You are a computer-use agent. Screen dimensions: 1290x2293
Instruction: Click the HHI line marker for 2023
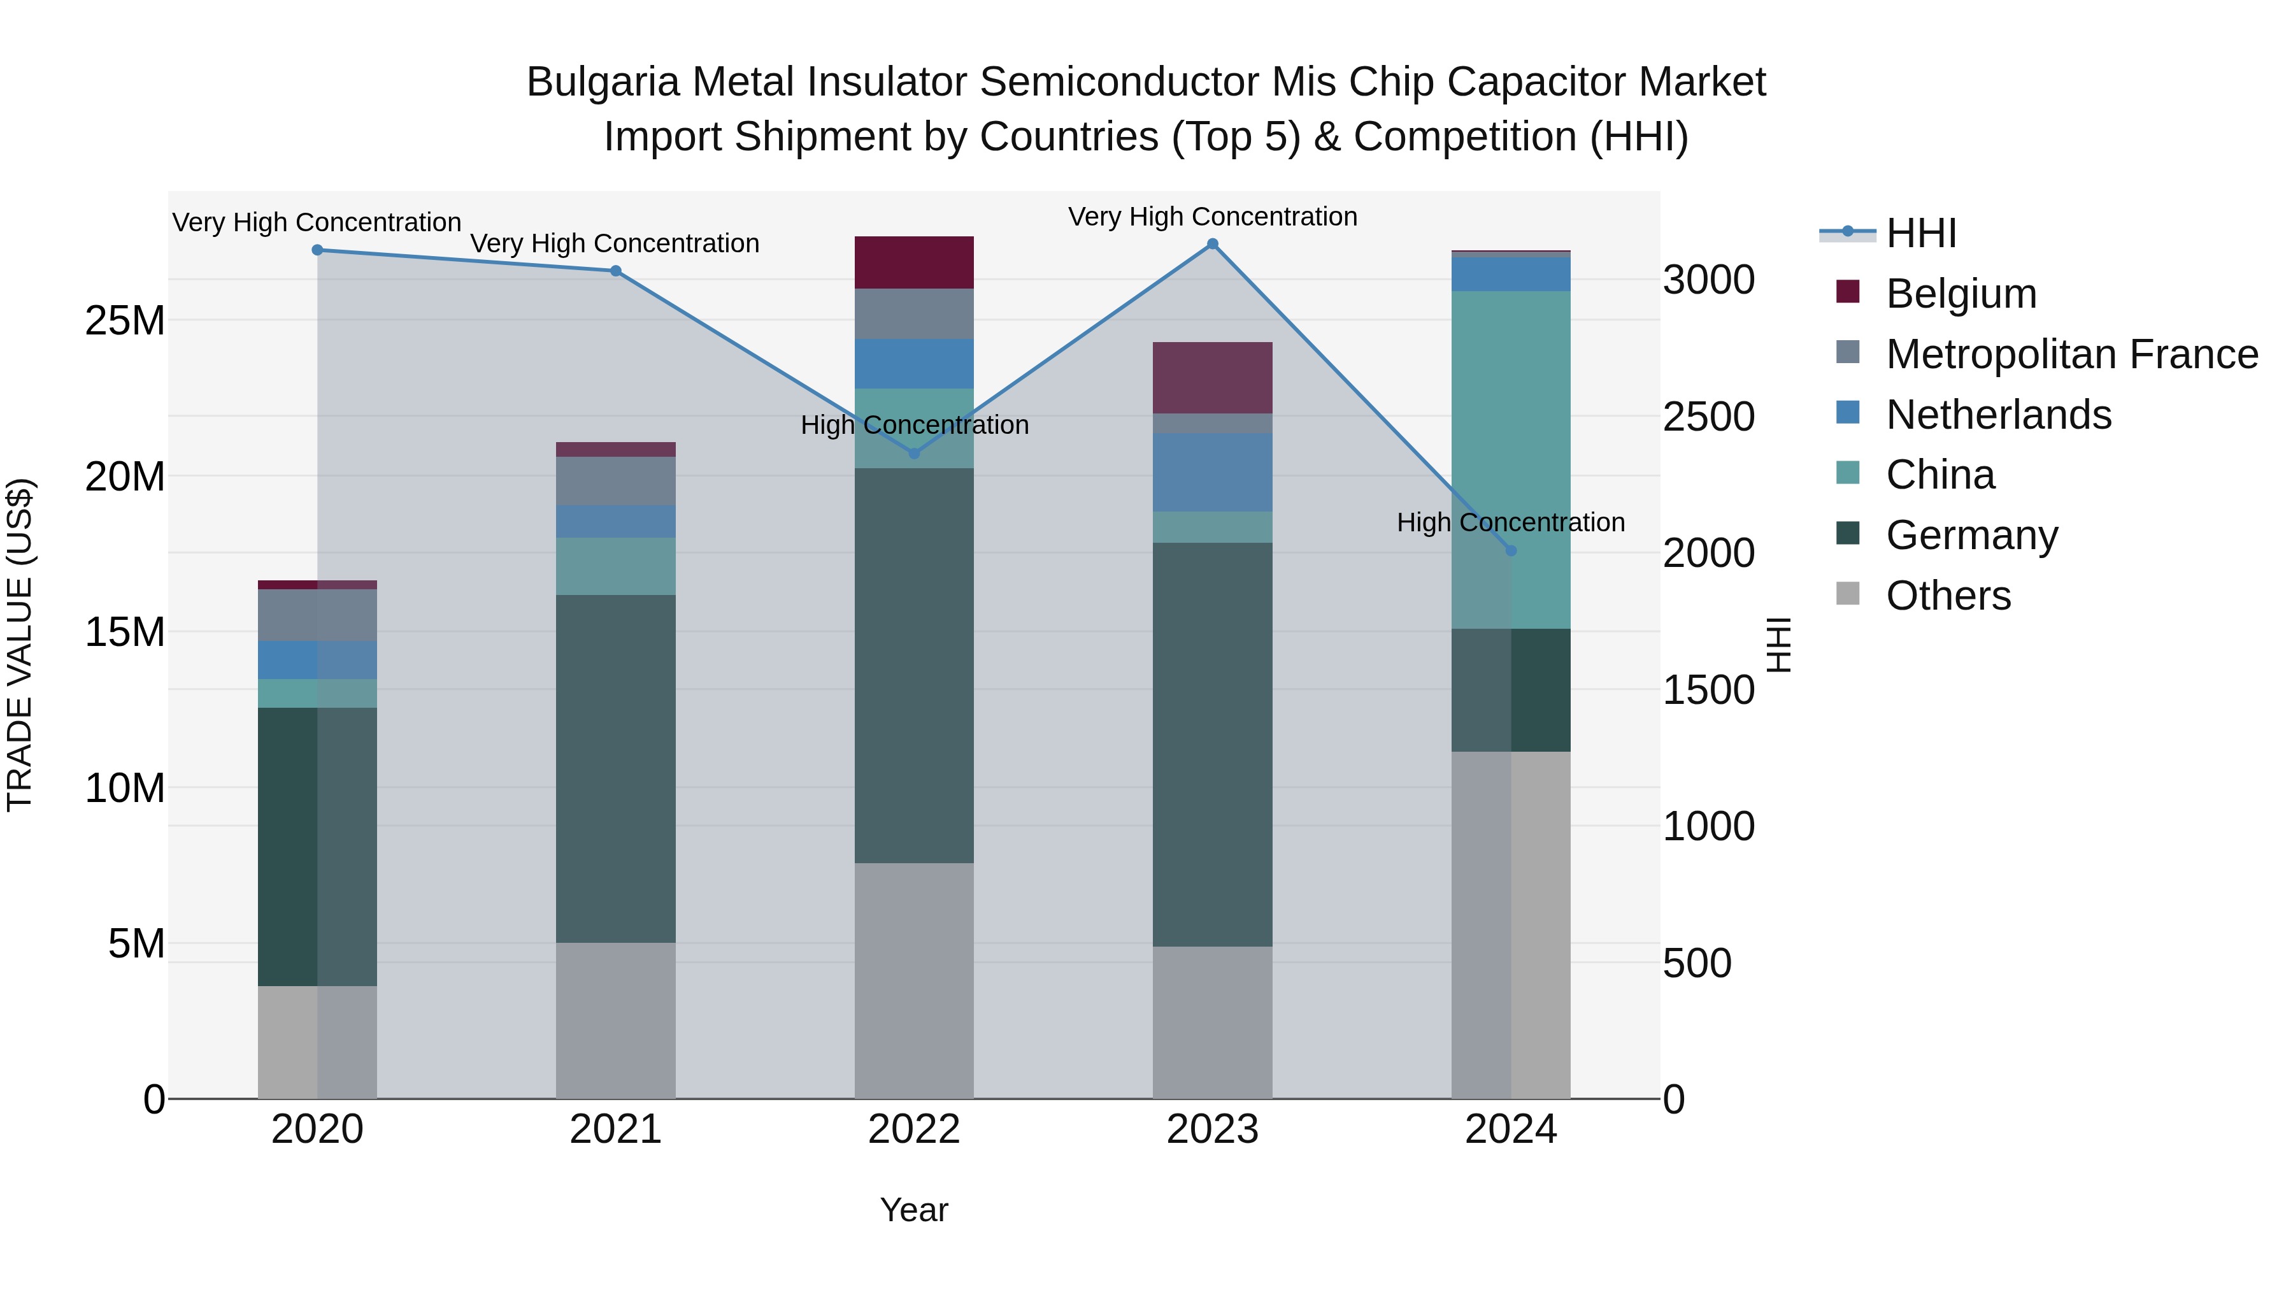coord(1212,244)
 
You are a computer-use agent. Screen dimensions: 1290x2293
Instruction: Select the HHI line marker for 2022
coord(914,453)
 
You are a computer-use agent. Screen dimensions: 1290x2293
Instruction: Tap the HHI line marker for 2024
coord(1511,551)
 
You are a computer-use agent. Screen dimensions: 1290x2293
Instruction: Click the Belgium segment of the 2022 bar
coord(914,262)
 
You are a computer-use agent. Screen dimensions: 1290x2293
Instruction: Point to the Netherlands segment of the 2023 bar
coord(1212,472)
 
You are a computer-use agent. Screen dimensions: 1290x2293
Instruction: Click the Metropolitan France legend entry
coord(2071,354)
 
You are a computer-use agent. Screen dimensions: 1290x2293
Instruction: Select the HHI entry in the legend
coord(1921,233)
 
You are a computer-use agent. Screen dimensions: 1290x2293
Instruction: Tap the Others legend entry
coord(1948,596)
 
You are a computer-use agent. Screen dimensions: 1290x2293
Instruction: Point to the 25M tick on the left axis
coord(125,320)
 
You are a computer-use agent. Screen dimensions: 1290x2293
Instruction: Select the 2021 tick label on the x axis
coord(616,1129)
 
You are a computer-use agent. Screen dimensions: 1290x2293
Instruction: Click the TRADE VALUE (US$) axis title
coord(20,645)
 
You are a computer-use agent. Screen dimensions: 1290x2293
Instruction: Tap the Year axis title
coord(914,1210)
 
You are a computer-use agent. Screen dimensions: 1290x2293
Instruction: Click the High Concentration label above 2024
coord(1511,522)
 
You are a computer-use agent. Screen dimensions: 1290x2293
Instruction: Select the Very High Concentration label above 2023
coord(1212,217)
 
